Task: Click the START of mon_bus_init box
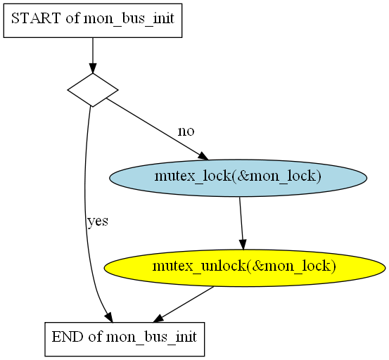pos(93,20)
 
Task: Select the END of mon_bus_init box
pos(125,339)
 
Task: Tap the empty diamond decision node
pos(93,90)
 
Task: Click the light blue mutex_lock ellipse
pos(238,178)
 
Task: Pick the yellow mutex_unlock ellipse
pos(245,268)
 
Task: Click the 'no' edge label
pos(186,131)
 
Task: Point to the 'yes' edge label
pos(98,221)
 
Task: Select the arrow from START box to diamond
pos(93,56)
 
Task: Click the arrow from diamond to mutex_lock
pos(158,129)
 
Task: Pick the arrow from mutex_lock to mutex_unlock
pos(241,223)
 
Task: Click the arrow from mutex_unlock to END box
pos(184,304)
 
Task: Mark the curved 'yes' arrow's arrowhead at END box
pos(108,318)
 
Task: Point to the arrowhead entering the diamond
pos(93,68)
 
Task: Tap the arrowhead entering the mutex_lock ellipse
pos(203,156)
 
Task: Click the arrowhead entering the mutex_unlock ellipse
pos(243,245)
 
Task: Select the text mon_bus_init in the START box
pos(129,19)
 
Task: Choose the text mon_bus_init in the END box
pos(151,337)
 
